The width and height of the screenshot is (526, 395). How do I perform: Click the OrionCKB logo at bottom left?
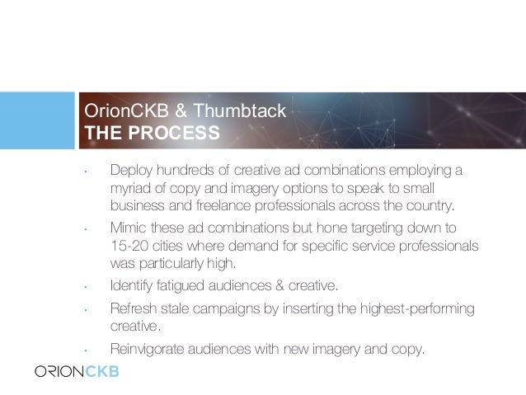(x=77, y=370)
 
